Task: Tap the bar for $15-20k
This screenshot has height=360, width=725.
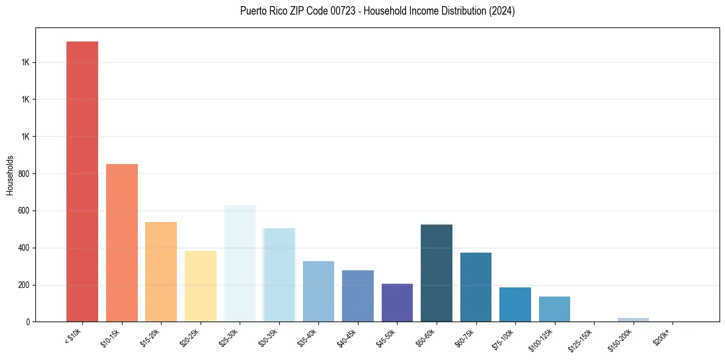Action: coord(161,272)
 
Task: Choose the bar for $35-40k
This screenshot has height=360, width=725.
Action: coord(318,292)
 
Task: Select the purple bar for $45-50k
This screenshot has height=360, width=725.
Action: coord(397,303)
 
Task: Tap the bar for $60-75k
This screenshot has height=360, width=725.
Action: coord(476,287)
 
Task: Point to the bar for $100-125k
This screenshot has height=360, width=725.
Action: coord(554,309)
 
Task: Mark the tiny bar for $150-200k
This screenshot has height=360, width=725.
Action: coord(633,320)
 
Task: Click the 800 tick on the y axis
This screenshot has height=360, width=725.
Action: coord(25,174)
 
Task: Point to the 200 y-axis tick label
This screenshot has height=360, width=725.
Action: coord(25,285)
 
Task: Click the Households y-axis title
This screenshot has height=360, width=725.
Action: coord(10,175)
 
